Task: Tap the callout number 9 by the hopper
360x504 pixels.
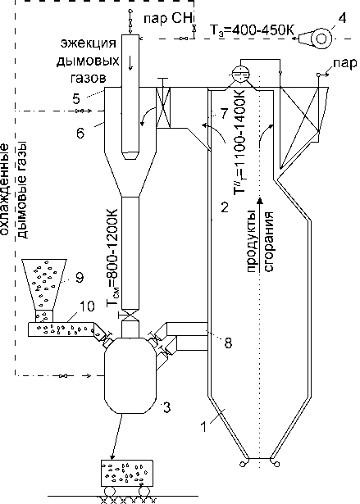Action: click(x=80, y=277)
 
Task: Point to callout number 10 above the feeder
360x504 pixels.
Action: click(x=87, y=306)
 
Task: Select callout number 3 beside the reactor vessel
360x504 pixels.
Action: click(x=166, y=408)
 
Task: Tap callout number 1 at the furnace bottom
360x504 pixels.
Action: click(x=203, y=427)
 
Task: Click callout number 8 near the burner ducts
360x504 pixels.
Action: click(x=227, y=343)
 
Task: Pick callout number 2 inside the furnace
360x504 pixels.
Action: click(x=224, y=207)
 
